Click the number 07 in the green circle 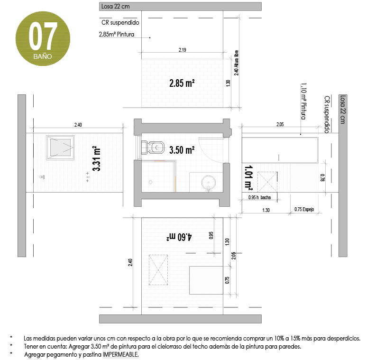tap(43, 36)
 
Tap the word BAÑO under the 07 tap(43, 55)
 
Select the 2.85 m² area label tap(183, 83)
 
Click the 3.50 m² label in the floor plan tap(182, 150)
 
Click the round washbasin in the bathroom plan tap(209, 182)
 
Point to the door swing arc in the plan tap(209, 152)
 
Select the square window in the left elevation tap(60, 146)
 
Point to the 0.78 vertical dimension tap(322, 177)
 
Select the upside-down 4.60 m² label tap(180, 236)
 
